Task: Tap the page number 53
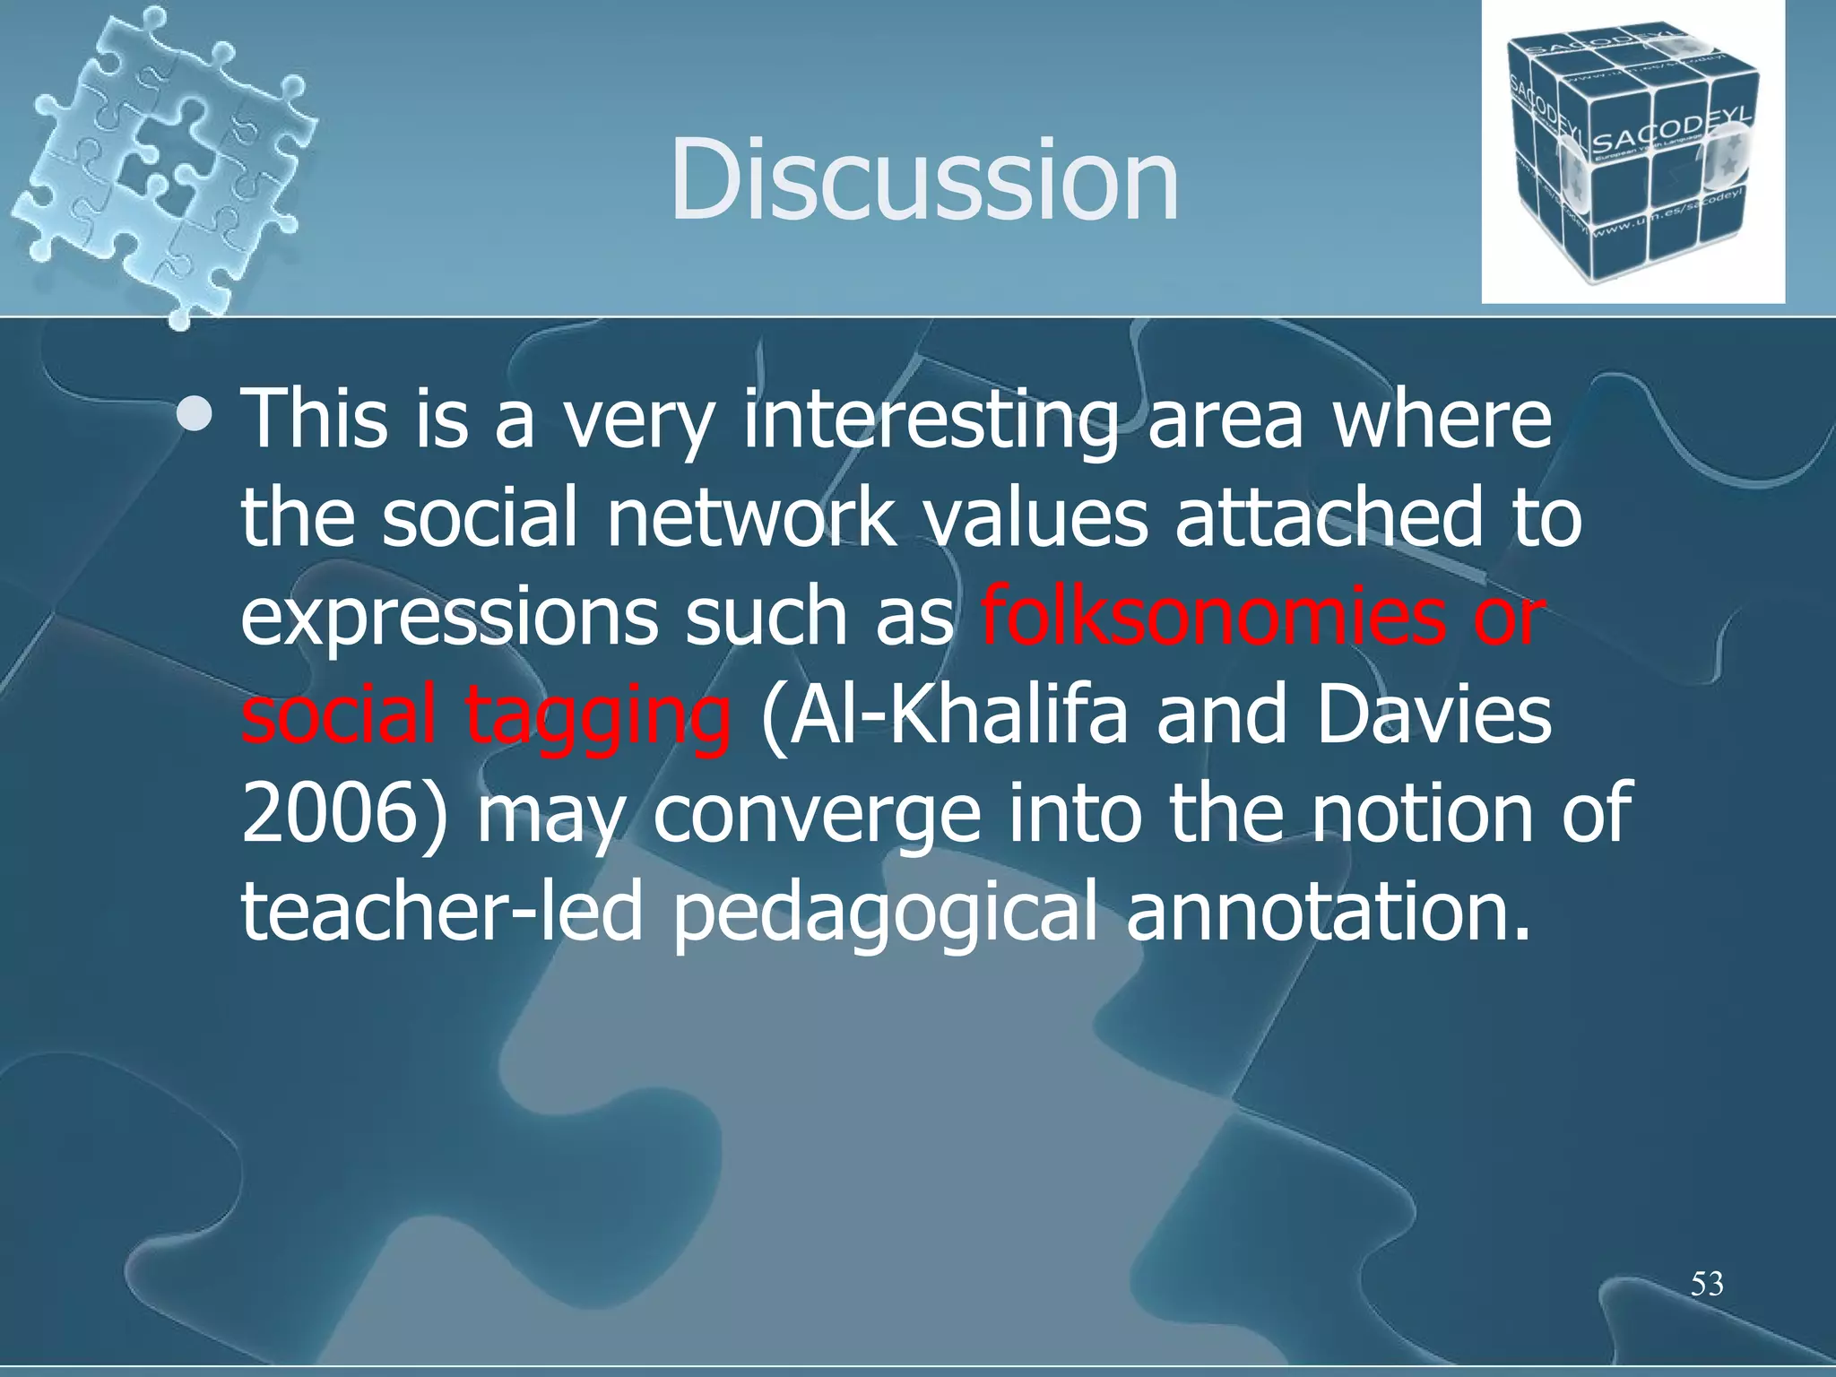(x=1707, y=1284)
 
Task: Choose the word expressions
(x=449, y=619)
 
